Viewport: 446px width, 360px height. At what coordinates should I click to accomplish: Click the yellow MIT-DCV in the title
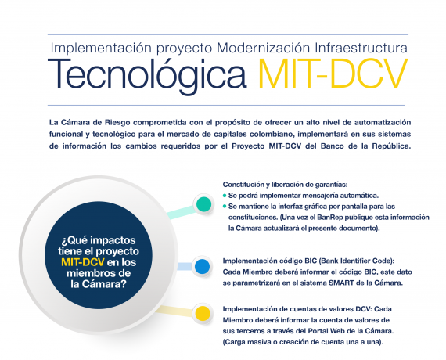click(x=333, y=74)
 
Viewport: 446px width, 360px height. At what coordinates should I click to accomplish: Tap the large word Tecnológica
click(x=147, y=75)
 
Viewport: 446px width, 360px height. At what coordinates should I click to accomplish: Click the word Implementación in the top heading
click(x=101, y=48)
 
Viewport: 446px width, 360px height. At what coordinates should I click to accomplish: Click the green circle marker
click(x=203, y=204)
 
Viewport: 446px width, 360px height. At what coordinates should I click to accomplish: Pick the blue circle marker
click(x=202, y=267)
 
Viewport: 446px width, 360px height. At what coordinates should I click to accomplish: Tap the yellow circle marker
click(x=203, y=313)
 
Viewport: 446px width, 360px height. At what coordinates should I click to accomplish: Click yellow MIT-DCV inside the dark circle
click(x=83, y=262)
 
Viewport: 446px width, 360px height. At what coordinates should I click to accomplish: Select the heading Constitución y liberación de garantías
click(x=285, y=185)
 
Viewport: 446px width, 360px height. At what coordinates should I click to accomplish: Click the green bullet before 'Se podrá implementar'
click(x=225, y=196)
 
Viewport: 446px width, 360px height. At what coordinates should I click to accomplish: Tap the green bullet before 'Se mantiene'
click(x=225, y=207)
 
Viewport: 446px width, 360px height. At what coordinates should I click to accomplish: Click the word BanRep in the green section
click(x=329, y=217)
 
